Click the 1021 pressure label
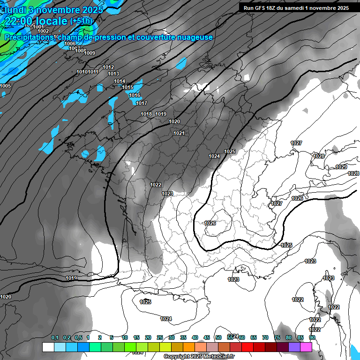pyautogui.click(x=179, y=133)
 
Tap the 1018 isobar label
pyautogui.click(x=146, y=114)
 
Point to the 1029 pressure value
pyautogui.click(x=341, y=167)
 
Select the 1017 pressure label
pyautogui.click(x=142, y=103)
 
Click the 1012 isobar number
pyautogui.click(x=108, y=67)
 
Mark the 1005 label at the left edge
pyautogui.click(x=6, y=86)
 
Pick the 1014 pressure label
pyautogui.click(x=120, y=81)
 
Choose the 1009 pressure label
pyautogui.click(x=90, y=53)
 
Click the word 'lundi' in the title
pyautogui.click(x=16, y=9)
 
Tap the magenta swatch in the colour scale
pyautogui.click(x=306, y=347)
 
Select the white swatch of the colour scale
pyautogui.click(x=48, y=347)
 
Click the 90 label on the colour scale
pyautogui.click(x=312, y=337)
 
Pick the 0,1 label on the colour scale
pyautogui.click(x=54, y=337)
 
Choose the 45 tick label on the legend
pyautogui.click(x=207, y=337)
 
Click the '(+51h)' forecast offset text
pyautogui.click(x=82, y=21)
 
